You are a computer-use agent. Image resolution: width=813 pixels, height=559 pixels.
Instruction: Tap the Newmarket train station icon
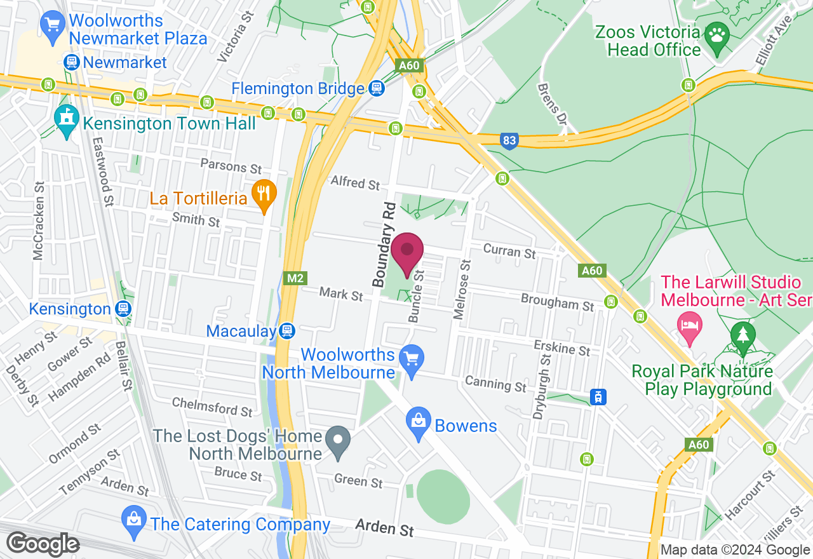(71, 62)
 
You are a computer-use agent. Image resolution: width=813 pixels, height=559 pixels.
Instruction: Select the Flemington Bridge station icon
(377, 88)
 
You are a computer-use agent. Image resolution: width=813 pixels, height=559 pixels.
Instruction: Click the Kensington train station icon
(124, 309)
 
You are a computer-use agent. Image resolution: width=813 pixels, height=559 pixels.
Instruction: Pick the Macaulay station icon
(287, 331)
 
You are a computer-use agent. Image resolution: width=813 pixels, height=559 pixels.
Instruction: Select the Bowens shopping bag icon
(419, 421)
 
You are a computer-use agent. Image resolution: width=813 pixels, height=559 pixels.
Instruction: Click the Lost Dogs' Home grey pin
(338, 438)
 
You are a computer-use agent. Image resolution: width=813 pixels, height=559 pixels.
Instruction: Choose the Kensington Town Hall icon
(65, 116)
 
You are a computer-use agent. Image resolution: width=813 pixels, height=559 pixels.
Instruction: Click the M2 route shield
(295, 278)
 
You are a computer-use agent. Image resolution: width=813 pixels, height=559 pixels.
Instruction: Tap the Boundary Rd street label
(384, 244)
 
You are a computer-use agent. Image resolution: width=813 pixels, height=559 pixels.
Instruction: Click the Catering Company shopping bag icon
(133, 518)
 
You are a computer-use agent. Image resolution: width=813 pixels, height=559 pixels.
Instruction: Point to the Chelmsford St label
(212, 407)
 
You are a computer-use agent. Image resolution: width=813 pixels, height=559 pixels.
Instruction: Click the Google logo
(43, 544)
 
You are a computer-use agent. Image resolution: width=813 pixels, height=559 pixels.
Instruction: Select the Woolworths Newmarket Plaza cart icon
(51, 25)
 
